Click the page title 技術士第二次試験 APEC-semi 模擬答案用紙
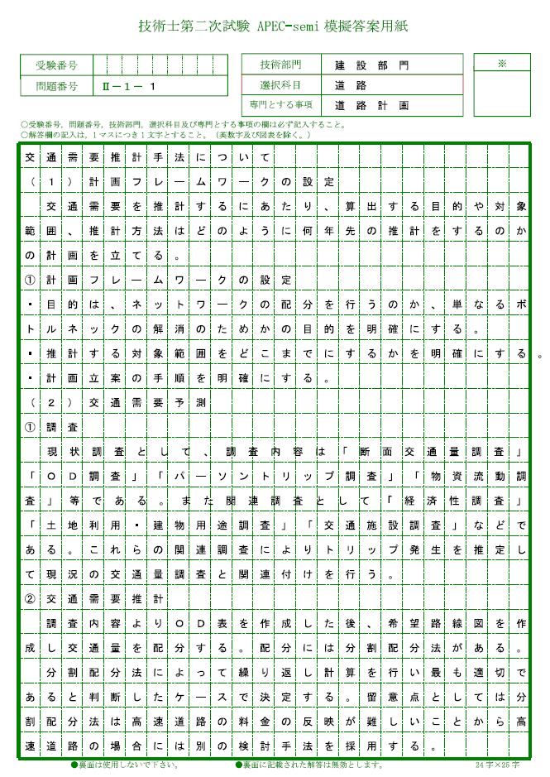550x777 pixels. tap(273, 27)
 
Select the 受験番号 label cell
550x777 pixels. tap(56, 65)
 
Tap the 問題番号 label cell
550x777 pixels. tap(56, 86)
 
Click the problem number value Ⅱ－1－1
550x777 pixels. tap(129, 86)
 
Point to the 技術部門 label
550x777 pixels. tap(280, 64)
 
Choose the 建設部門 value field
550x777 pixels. tap(371, 65)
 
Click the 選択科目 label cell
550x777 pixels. tap(280, 84)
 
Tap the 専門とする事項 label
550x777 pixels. tap(280, 105)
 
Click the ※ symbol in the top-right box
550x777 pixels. tap(501, 63)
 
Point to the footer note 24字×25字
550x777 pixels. tap(498, 765)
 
